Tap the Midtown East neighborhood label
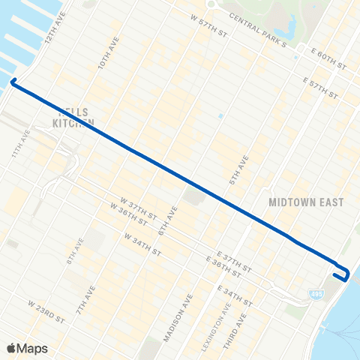coord(305,202)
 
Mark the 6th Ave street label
coord(166,221)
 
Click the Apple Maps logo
coord(28,348)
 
